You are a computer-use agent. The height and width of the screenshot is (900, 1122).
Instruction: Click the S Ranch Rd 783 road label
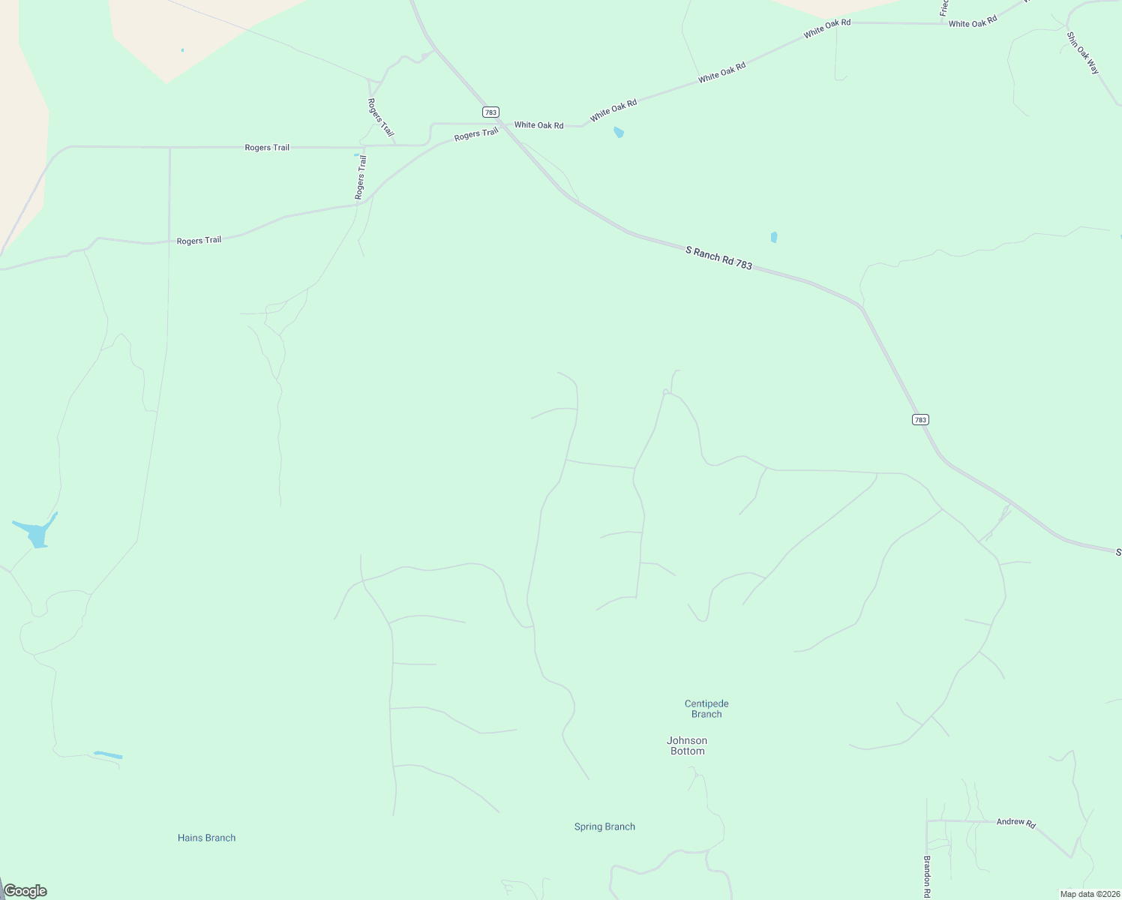pos(718,257)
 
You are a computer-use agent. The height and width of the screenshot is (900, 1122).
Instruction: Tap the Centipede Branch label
pos(706,709)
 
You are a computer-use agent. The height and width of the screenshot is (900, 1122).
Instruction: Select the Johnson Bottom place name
pos(687,745)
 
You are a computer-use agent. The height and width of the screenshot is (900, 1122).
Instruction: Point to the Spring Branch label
pos(604,826)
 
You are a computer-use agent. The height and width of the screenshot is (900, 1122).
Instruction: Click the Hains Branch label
pos(206,838)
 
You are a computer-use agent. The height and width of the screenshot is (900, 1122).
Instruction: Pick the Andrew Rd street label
pos(1015,823)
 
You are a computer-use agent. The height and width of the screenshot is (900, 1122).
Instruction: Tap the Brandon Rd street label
pos(927,876)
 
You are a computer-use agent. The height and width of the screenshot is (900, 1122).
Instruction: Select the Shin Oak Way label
pos(1083,52)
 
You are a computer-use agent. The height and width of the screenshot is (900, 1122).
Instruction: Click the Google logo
pos(25,891)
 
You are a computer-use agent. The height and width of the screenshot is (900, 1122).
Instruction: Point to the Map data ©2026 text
pos(1090,894)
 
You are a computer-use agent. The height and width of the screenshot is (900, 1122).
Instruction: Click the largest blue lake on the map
pos(36,532)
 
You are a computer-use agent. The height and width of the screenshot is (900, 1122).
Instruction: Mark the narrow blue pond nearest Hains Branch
pos(108,754)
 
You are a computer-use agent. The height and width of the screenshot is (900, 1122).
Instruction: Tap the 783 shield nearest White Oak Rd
pos(490,112)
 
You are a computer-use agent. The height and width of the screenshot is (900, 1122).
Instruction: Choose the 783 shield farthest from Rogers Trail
pos(920,419)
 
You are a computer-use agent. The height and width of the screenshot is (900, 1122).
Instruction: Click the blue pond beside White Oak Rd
pos(619,133)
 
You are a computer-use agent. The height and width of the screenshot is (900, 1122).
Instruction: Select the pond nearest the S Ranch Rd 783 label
pos(774,237)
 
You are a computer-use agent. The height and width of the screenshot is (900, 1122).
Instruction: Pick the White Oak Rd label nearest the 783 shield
pos(538,125)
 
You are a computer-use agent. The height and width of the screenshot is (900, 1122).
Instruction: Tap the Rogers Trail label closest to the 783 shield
pos(476,134)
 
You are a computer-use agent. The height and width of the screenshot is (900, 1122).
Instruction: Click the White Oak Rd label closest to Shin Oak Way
pos(973,22)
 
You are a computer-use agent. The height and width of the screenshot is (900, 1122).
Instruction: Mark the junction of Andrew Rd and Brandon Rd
pos(927,821)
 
